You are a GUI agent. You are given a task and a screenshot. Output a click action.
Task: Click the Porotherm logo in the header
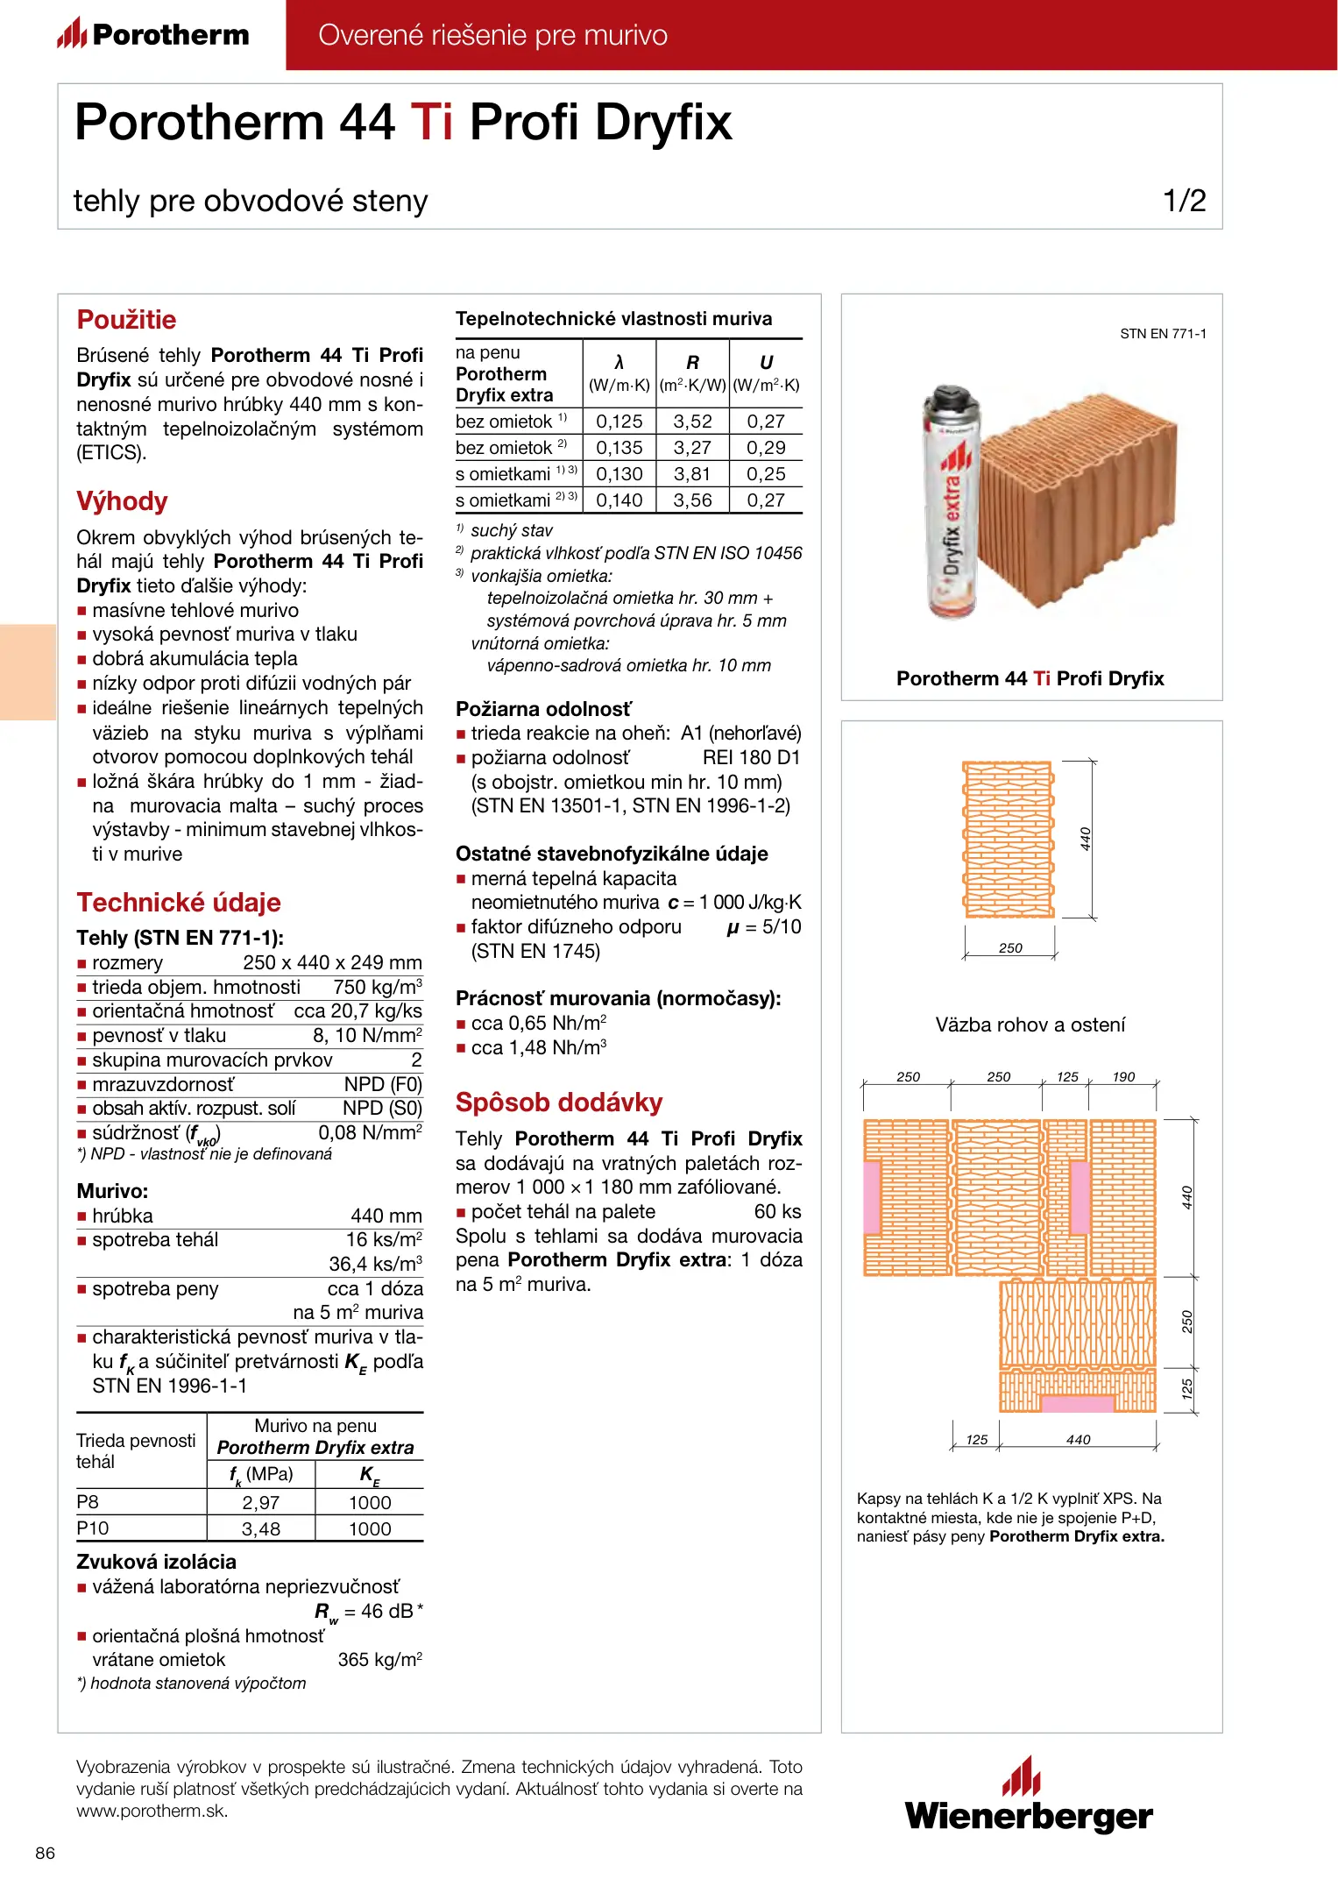(x=153, y=34)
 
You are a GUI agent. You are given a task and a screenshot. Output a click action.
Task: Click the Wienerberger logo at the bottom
(x=1029, y=1797)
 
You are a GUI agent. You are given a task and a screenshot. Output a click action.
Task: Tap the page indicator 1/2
(x=1184, y=201)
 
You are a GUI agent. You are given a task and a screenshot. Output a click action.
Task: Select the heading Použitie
(x=126, y=320)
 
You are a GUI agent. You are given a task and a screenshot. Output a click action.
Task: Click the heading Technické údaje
(x=179, y=903)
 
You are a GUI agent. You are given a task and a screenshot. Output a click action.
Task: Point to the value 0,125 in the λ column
(x=619, y=422)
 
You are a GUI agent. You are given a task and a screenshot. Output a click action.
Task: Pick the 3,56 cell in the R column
(x=692, y=500)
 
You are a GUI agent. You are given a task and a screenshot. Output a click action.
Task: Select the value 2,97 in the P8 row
(x=260, y=1502)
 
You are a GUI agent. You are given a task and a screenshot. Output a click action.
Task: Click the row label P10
(x=93, y=1528)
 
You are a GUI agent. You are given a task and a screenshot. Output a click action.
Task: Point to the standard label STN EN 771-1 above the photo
(x=1163, y=334)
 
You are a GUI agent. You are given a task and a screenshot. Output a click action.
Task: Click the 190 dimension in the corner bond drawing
(x=1123, y=1077)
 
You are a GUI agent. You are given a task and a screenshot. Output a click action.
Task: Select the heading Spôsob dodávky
(x=559, y=1102)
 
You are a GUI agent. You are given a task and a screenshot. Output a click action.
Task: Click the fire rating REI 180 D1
(x=751, y=758)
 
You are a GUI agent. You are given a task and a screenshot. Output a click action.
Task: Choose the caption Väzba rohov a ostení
(x=1030, y=1024)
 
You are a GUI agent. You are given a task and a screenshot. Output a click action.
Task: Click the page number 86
(x=46, y=1853)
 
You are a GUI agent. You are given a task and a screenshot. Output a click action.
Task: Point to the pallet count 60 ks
(x=777, y=1211)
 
